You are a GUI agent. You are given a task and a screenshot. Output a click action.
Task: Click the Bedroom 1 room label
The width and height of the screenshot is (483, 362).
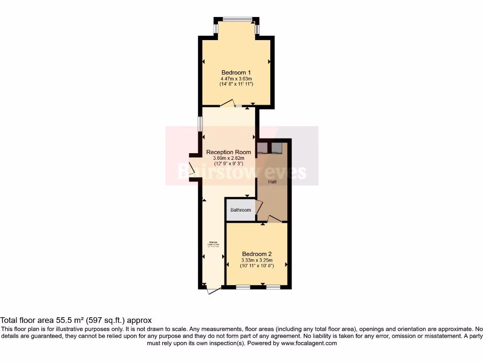[236, 72]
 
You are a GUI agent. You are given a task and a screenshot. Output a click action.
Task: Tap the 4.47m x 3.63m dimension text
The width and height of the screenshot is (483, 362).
[236, 78]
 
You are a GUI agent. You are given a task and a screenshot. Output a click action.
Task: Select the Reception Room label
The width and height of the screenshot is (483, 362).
[229, 152]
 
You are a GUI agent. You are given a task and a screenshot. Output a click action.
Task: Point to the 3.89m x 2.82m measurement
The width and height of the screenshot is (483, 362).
[229, 158]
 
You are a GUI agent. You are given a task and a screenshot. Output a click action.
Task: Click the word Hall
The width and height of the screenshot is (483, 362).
[273, 181]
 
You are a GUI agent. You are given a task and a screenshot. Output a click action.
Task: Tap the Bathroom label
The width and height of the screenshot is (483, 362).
[241, 210]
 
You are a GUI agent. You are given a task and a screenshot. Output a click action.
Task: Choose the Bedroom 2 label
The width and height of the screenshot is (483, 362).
[257, 254]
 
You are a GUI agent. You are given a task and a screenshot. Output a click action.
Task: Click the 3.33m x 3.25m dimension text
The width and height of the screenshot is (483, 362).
[257, 260]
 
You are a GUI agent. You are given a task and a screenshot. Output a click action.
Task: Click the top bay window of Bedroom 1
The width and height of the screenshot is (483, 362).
[237, 19]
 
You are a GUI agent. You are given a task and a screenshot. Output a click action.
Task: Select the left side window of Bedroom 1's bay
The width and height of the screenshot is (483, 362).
[216, 28]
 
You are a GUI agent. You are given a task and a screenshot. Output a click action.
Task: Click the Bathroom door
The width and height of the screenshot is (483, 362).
[258, 207]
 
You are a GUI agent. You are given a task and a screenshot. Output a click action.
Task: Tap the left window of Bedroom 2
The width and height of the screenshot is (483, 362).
[243, 287]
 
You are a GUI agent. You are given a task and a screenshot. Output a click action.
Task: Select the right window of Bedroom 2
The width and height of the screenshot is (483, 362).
[273, 287]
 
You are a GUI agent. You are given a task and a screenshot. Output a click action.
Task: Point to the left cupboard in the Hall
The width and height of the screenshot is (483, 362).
[262, 148]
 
